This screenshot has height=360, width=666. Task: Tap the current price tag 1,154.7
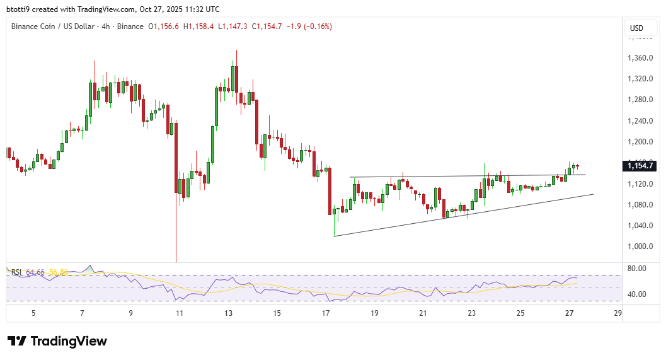point(641,166)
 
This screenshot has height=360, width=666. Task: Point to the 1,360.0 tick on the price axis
point(640,58)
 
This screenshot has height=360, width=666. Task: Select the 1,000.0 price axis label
point(640,246)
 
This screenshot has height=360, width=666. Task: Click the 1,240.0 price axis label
point(640,120)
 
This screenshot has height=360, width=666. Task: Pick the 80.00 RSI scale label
point(637,269)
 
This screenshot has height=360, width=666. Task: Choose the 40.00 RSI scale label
point(637,294)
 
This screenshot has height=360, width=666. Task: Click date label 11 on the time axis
point(180,313)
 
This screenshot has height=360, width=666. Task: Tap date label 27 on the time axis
point(569,313)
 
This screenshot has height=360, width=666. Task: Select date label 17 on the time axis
point(326,313)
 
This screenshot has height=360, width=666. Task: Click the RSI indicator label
point(17,272)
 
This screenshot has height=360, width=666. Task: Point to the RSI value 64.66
point(35,272)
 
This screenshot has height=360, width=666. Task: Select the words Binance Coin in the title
point(32,26)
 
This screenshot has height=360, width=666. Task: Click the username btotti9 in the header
point(18,9)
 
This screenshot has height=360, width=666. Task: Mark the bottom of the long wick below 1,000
point(176,261)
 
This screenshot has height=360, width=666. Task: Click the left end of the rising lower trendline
point(334,236)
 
